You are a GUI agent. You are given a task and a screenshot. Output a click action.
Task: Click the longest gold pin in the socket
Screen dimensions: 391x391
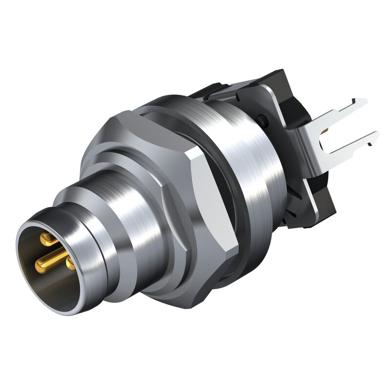pyautogui.click(x=51, y=260)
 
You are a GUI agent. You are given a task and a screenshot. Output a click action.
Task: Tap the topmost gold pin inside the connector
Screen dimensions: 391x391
pyautogui.click(x=47, y=239)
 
